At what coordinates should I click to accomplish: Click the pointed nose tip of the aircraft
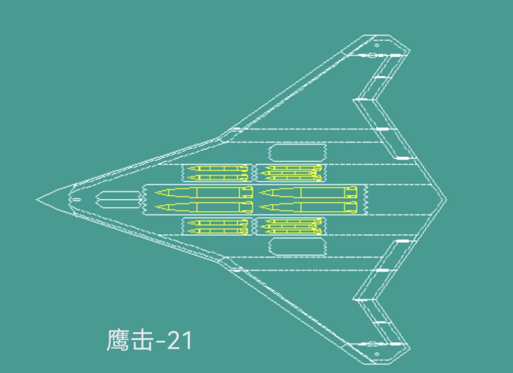38,199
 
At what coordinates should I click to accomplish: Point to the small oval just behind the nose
77,199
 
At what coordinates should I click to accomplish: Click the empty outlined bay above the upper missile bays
297,153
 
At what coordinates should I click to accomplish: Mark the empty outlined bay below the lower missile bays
297,246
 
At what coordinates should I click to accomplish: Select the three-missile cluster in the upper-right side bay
291,172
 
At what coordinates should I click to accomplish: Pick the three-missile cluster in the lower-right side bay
291,227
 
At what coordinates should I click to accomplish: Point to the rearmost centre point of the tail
446,199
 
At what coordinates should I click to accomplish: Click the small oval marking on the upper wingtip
377,45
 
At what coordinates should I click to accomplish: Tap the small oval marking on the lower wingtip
377,354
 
